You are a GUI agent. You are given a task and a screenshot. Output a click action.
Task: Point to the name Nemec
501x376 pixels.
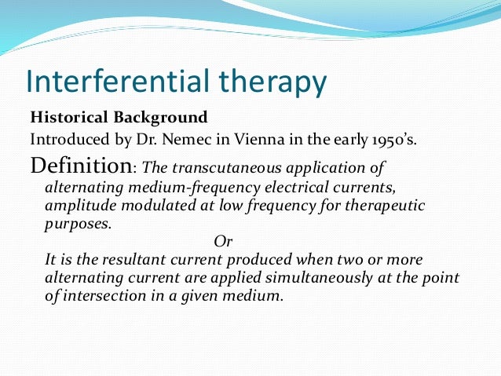(182, 140)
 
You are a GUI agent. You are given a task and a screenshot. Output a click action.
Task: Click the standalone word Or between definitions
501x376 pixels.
(223, 243)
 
